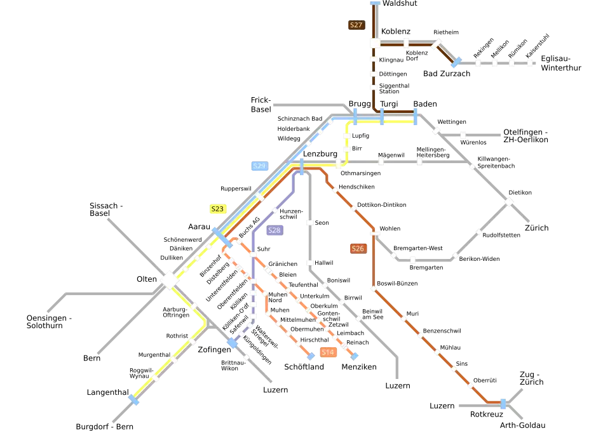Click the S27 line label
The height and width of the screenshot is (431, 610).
[356, 25]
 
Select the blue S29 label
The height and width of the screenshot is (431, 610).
[259, 166]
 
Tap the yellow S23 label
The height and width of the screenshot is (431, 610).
[218, 209]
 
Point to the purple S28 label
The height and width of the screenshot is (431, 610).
[274, 230]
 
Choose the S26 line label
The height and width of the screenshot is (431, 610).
[358, 249]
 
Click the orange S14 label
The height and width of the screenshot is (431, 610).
[328, 352]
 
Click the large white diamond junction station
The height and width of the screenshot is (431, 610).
[169, 280]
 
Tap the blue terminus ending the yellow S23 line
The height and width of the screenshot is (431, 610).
[133, 399]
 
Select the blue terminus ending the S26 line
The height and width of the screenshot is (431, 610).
[503, 403]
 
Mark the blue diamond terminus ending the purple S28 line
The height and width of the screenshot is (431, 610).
[233, 343]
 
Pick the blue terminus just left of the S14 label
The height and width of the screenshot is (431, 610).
[311, 356]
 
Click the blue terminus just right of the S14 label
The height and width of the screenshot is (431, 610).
[355, 356]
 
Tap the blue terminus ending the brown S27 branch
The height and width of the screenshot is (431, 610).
[455, 62]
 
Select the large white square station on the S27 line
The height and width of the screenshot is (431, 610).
[374, 43]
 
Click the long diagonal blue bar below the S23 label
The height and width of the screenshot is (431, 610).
[222, 237]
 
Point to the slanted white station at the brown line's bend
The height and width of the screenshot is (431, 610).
[436, 44]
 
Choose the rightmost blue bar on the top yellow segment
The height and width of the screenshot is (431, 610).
[415, 117]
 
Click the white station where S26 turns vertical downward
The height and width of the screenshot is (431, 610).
[375, 234]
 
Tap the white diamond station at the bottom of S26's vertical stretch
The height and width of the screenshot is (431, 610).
[374, 289]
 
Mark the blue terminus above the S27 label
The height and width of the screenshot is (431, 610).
[375, 2]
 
